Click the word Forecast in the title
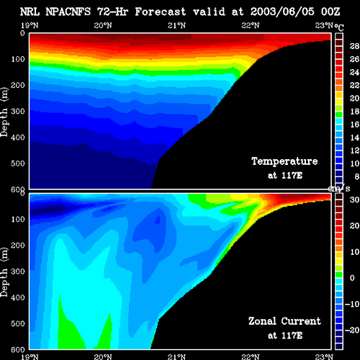click(161, 12)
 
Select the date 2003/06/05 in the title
click(282, 12)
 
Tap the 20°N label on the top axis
click(103, 25)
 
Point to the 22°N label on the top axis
click(251, 25)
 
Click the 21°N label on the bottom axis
click(176, 356)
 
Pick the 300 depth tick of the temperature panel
click(18, 111)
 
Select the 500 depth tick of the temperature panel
click(18, 163)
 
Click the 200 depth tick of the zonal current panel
click(18, 246)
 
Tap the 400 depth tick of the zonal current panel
click(18, 297)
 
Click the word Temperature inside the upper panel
click(284, 161)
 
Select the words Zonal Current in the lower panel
click(284, 321)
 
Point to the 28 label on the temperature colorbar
click(354, 46)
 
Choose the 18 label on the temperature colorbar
click(354, 112)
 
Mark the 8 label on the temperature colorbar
click(357, 176)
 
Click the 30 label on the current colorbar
click(354, 199)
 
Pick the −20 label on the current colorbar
click(352, 330)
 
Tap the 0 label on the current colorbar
click(352, 278)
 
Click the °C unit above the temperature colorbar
click(339, 27)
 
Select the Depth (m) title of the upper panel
click(4, 112)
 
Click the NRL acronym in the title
click(30, 12)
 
